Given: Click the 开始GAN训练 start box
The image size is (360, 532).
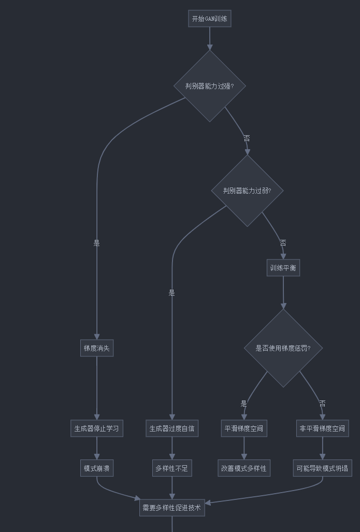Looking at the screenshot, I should (x=209, y=19).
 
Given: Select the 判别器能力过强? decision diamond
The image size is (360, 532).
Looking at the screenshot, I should (x=209, y=86).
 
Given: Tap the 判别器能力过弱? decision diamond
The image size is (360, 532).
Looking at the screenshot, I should (x=247, y=191).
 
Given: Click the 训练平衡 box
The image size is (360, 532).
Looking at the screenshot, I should (x=283, y=268).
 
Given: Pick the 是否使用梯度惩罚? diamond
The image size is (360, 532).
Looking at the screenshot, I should (x=283, y=348).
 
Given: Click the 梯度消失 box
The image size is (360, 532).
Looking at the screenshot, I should (x=96, y=348).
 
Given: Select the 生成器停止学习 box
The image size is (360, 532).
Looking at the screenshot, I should (x=96, y=428).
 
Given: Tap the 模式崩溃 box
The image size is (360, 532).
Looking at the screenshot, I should (x=96, y=468).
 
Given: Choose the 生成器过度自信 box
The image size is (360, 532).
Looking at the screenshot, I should (x=172, y=428).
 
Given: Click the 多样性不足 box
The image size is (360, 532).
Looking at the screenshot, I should (x=172, y=468).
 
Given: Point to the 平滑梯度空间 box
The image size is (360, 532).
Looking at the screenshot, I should (x=243, y=428).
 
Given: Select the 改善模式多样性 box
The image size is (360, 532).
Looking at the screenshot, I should (x=243, y=468).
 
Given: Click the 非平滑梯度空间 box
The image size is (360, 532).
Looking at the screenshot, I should (x=322, y=428).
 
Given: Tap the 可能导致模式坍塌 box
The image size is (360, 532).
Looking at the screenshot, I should (x=322, y=468).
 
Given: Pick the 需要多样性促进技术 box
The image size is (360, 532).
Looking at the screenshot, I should (x=172, y=508).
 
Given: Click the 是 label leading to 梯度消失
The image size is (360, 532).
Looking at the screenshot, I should (x=96, y=243).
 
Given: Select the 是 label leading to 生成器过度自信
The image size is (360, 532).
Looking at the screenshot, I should (x=172, y=293).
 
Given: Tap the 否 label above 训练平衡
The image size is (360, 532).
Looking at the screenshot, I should (x=283, y=243).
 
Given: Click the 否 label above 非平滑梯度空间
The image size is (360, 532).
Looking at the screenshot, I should (x=322, y=403).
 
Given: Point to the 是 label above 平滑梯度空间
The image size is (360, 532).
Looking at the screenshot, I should (x=243, y=403).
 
